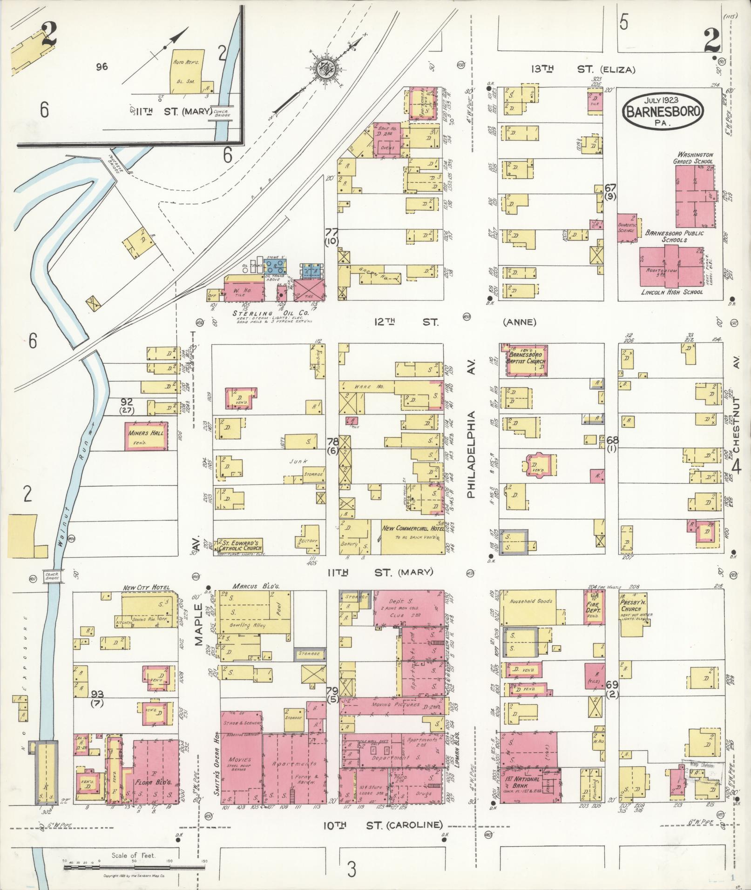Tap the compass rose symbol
coord(322,68)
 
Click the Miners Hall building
coord(146,436)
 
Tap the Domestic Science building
coord(627,228)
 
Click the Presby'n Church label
coord(632,605)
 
